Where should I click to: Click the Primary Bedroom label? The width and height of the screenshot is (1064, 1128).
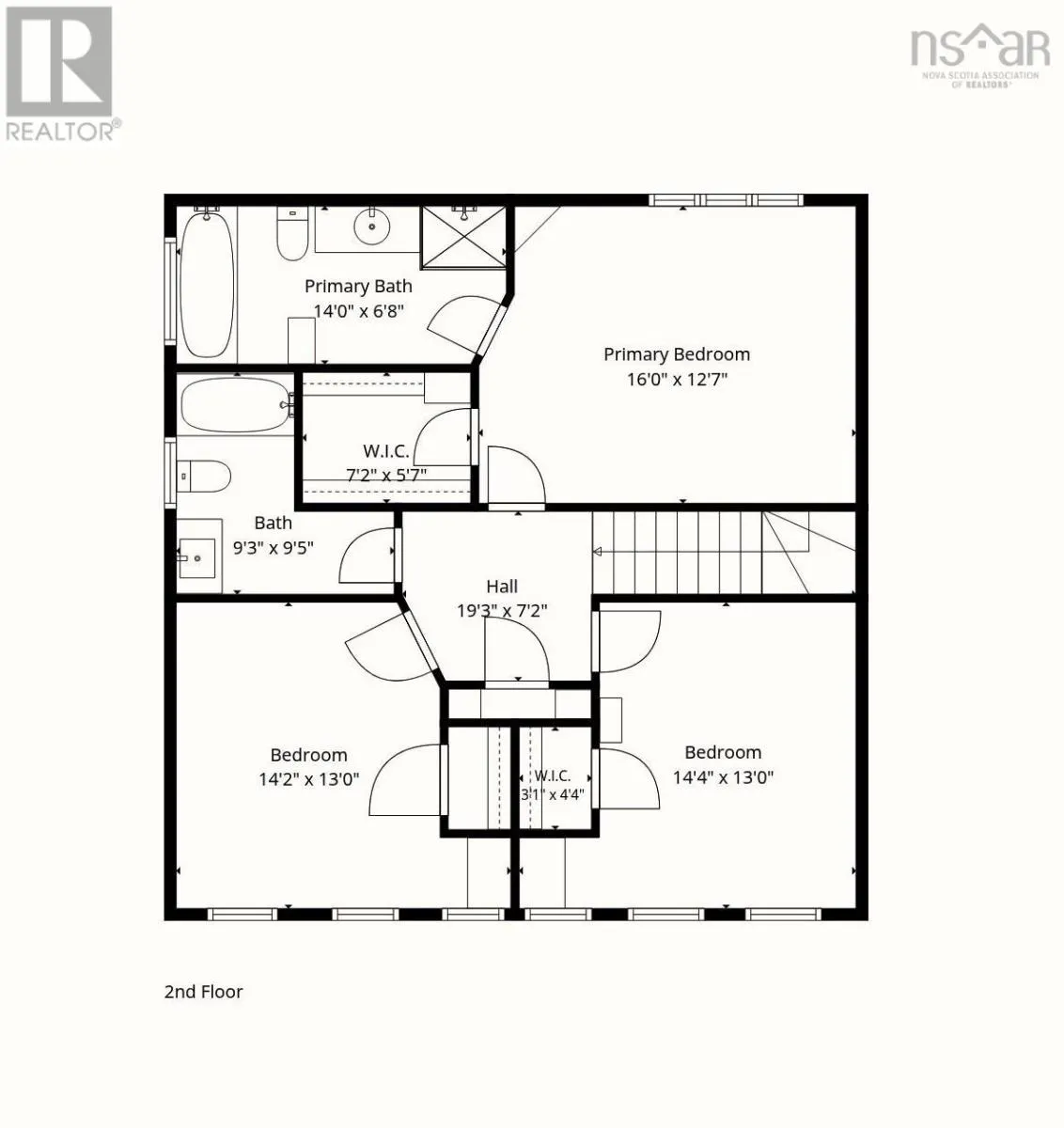point(677,354)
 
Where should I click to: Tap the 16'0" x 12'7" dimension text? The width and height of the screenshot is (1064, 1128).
point(677,379)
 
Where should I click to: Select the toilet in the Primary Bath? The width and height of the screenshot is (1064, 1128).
point(292,233)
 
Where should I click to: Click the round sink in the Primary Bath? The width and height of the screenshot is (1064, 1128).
point(372,226)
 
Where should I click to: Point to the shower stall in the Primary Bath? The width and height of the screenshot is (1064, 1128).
point(463,238)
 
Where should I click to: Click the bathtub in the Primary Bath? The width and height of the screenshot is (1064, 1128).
point(207,284)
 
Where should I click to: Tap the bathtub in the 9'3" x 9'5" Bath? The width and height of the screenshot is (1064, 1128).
point(236,405)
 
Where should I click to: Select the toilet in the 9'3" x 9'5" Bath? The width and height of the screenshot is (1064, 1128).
point(203,476)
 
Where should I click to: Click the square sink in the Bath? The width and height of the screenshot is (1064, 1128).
point(197,557)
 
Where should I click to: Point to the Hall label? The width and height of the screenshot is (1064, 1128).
point(502,587)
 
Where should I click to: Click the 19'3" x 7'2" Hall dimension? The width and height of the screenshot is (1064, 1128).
point(502,611)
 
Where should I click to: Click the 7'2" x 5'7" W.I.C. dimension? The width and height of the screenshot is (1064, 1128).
point(386,475)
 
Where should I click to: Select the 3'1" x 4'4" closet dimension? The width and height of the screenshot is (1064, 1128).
point(553,794)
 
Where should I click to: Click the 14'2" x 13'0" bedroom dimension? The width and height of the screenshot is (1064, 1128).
point(309,778)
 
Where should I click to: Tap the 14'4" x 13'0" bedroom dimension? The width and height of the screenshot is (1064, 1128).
point(723,776)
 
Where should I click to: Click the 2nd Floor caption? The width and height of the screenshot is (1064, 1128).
point(203,992)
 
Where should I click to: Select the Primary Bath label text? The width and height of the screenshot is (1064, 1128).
point(358,287)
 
